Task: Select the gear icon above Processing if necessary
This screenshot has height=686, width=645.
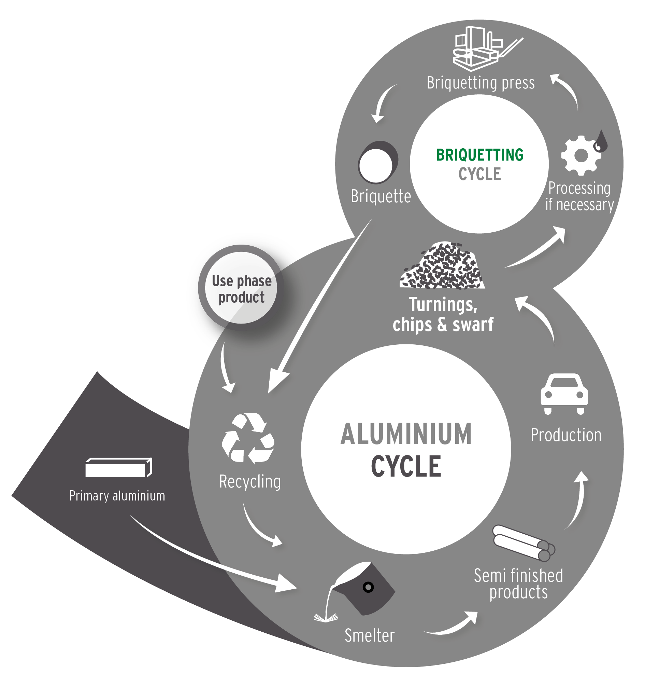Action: tap(580, 156)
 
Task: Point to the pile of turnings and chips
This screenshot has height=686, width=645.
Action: tap(442, 266)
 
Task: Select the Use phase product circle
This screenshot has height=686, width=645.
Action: tap(242, 288)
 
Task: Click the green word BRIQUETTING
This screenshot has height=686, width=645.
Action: tap(479, 155)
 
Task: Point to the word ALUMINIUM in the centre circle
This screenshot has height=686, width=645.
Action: tap(406, 435)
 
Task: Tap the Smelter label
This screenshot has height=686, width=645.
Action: tap(369, 635)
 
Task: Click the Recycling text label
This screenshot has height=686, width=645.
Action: tap(250, 482)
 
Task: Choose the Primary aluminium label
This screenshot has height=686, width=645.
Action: tap(117, 496)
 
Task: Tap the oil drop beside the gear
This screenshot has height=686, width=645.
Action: tap(602, 141)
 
